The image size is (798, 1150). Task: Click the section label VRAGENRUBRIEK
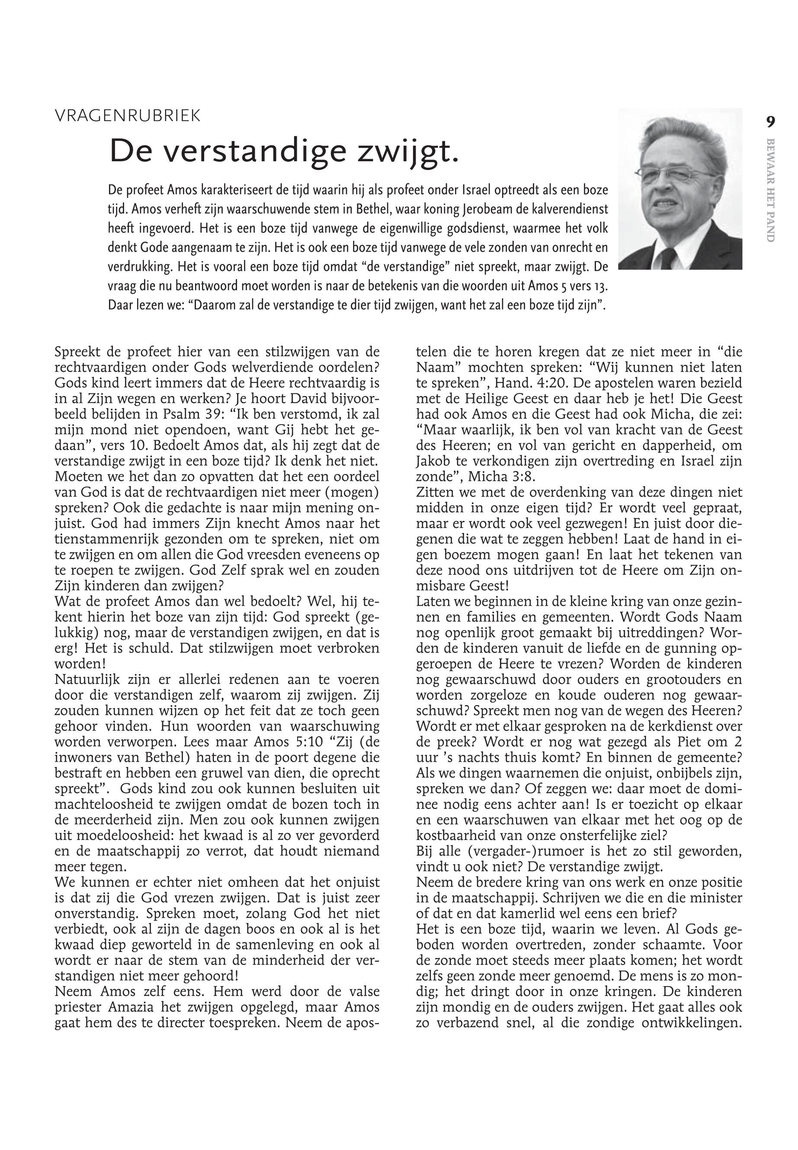point(128,116)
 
